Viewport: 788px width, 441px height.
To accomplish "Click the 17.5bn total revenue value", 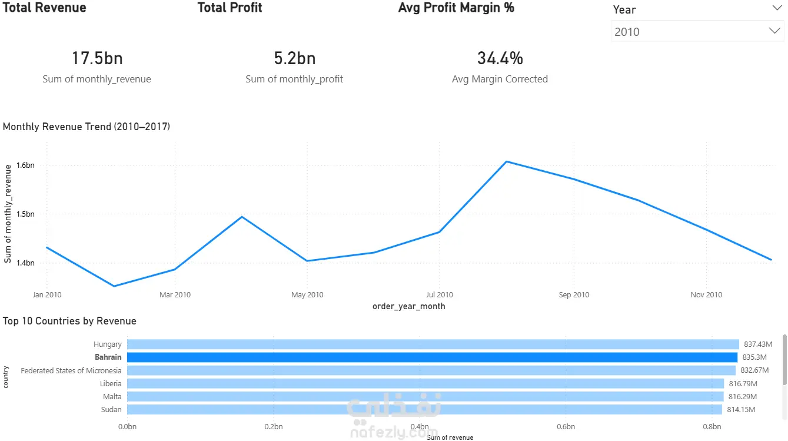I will pos(97,58).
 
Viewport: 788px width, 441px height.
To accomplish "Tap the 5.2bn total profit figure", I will pos(294,58).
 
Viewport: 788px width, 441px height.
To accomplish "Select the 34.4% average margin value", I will pos(500,58).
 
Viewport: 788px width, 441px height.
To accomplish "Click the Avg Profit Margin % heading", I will pos(456,8).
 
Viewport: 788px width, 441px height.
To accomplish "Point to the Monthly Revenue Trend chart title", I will pos(87,127).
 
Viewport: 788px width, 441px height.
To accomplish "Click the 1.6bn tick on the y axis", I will pos(26,165).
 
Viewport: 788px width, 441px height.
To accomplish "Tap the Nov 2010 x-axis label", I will pos(706,295).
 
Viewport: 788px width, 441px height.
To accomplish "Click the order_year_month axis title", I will pos(408,306).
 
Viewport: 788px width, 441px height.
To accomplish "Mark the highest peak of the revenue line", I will pos(507,161).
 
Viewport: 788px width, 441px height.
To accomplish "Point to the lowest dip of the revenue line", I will pos(114,286).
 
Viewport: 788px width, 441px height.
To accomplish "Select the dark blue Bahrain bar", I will pos(432,357).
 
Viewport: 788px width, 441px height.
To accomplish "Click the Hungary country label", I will pos(108,344).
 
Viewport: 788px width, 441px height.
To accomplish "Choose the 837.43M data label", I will pos(757,344).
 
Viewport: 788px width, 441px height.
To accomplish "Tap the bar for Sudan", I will pos(424,409).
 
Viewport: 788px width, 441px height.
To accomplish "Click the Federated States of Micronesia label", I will pos(71,370).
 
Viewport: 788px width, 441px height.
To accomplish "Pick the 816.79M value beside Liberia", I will pos(743,383).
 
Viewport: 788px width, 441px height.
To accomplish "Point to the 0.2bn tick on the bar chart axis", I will pos(273,426).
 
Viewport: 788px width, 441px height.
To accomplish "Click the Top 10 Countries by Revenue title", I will pos(69,321).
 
